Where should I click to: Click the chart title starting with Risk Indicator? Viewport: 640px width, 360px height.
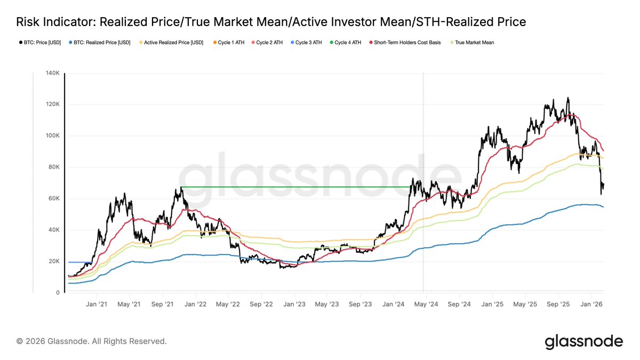pyautogui.click(x=271, y=22)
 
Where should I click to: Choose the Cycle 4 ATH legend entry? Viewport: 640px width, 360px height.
pyautogui.click(x=347, y=42)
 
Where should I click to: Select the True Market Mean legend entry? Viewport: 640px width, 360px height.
pyautogui.click(x=475, y=42)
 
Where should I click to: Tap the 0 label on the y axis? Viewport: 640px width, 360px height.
pyautogui.click(x=57, y=293)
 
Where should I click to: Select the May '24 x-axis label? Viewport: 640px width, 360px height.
pyautogui.click(x=426, y=304)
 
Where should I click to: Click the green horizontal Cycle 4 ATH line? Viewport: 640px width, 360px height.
pyautogui.click(x=293, y=187)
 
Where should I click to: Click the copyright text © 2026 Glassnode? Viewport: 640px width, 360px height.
pyautogui.click(x=91, y=341)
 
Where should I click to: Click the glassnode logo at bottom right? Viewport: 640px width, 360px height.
pyautogui.click(x=583, y=341)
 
